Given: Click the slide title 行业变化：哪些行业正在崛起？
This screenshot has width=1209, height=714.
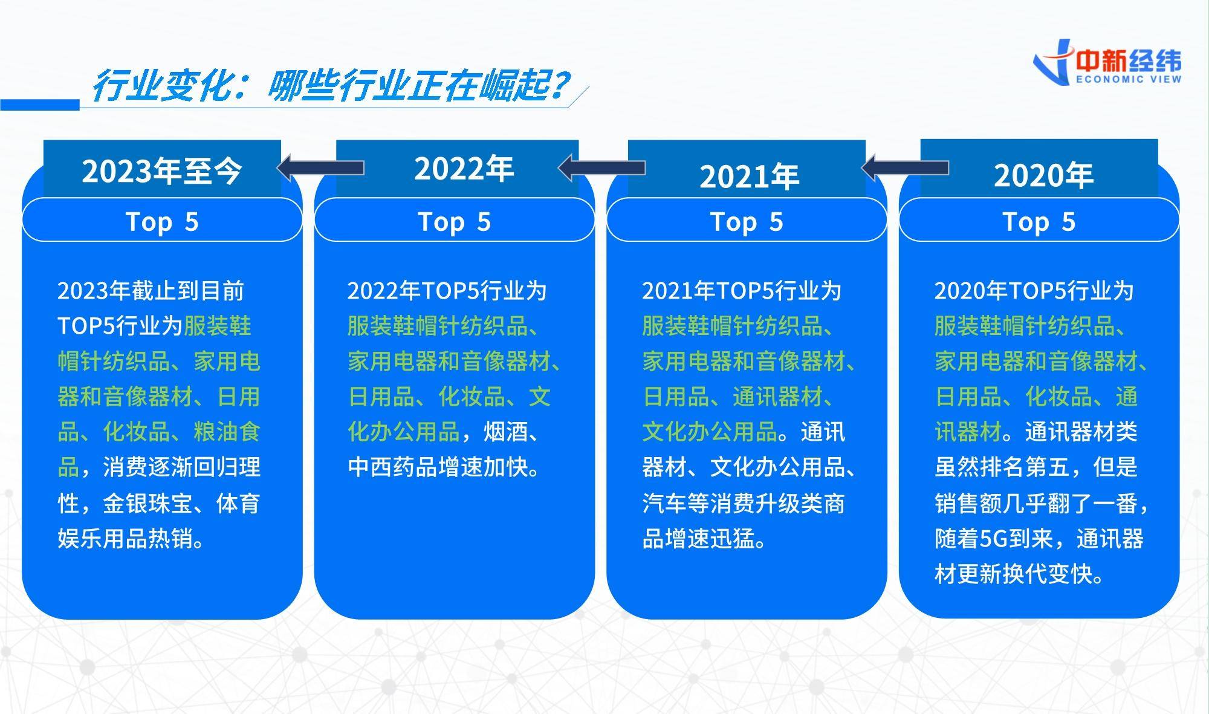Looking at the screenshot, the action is pyautogui.click(x=329, y=86).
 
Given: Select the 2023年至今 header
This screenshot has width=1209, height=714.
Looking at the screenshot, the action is pyautogui.click(x=162, y=171).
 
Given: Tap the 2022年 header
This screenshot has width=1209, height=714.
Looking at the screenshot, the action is pyautogui.click(x=464, y=169).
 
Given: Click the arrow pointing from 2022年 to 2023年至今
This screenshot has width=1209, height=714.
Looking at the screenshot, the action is pyautogui.click(x=320, y=167).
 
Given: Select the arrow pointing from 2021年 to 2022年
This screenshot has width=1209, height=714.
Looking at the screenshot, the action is pyautogui.click(x=601, y=167).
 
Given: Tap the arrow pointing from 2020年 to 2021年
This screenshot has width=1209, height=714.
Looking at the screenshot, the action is pyautogui.click(x=905, y=167).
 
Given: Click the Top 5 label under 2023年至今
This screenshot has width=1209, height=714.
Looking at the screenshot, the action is pyautogui.click(x=162, y=222).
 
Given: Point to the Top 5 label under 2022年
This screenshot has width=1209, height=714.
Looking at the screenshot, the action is pyautogui.click(x=455, y=222).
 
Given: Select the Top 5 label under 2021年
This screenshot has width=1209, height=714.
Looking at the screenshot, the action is pyautogui.click(x=747, y=222).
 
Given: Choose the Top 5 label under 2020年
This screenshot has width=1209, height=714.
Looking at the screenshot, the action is pyautogui.click(x=1039, y=222).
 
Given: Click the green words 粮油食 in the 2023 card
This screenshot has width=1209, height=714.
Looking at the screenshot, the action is pyautogui.click(x=227, y=432).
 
